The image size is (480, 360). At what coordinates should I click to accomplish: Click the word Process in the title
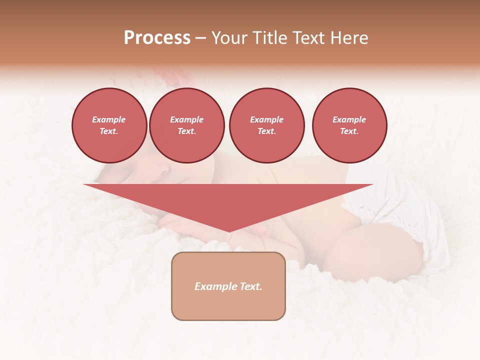(x=157, y=38)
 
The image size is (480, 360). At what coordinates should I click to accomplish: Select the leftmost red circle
(x=109, y=125)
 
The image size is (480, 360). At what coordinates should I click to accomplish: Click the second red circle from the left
(x=187, y=125)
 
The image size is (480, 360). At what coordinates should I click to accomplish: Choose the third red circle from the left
(x=267, y=125)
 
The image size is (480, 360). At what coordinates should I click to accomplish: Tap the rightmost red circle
(x=349, y=125)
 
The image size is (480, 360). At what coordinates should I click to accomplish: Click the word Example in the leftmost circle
(x=109, y=119)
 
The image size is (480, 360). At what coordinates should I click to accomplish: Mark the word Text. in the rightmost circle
(x=349, y=131)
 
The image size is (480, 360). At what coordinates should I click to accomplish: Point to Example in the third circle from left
(x=266, y=119)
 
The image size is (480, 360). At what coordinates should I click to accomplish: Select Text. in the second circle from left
(x=187, y=131)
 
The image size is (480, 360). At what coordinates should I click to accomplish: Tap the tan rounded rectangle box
(x=228, y=305)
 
